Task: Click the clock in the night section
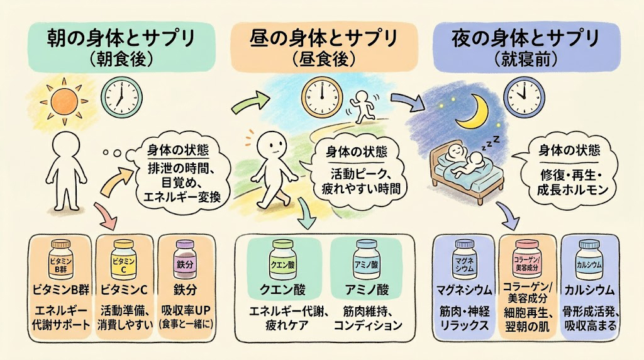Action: (x=524, y=98)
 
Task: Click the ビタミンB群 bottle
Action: (x=61, y=260)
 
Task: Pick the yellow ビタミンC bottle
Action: (x=124, y=260)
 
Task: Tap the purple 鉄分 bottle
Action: (x=186, y=260)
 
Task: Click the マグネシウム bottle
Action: (x=465, y=260)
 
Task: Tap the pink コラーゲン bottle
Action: (x=526, y=260)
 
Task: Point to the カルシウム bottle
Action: (x=590, y=260)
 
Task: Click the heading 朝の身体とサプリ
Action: (x=121, y=38)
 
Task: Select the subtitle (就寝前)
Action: (x=526, y=60)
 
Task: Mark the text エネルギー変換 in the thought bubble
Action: (x=182, y=196)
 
